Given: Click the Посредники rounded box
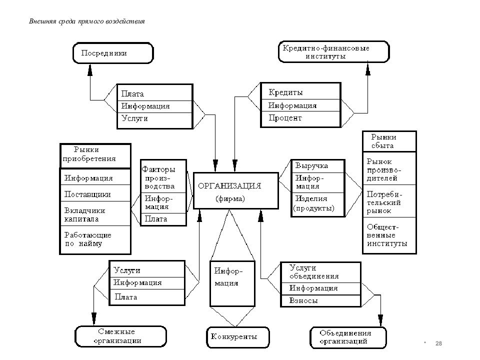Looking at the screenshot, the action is point(113,53).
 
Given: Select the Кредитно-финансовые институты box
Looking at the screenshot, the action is point(333,51).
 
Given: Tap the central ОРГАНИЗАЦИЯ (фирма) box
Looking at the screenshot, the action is point(235,190).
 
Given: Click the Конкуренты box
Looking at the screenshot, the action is point(238,337).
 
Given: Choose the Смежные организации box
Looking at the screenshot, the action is point(120,336).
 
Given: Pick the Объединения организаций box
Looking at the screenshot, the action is point(348,337).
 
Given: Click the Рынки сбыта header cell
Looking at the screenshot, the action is point(389,141).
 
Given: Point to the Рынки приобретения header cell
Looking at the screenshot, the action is point(95,156).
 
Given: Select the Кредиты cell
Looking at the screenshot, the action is point(300,91).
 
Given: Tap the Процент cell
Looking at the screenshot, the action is point(300,119).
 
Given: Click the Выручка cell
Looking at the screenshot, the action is point(318,166).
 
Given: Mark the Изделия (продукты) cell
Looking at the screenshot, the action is point(318,204).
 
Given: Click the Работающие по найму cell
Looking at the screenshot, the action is point(95,239).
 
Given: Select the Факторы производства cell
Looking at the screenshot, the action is point(163,176).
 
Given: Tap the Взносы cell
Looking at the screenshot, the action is point(321,301).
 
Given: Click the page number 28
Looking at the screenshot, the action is point(438,343).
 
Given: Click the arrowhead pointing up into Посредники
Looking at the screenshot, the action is point(90,70).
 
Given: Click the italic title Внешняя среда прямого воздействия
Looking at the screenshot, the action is point(87,21).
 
